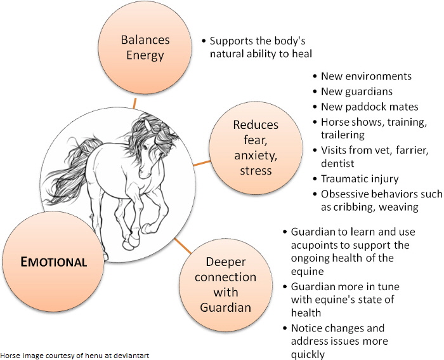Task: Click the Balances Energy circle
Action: point(145,48)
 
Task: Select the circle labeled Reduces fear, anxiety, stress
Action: point(256,148)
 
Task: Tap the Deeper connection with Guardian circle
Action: point(226,284)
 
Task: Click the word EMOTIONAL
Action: point(53,262)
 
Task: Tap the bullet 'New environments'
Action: point(366,76)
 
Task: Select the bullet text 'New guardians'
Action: point(356,91)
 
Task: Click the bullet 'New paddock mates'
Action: point(370,107)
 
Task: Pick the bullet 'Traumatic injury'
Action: point(360,179)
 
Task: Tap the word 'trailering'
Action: point(343,135)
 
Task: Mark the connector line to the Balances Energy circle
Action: point(134,103)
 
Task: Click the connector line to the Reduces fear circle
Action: point(202,163)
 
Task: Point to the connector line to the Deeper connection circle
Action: point(183,246)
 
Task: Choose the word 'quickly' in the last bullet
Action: point(308,355)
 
